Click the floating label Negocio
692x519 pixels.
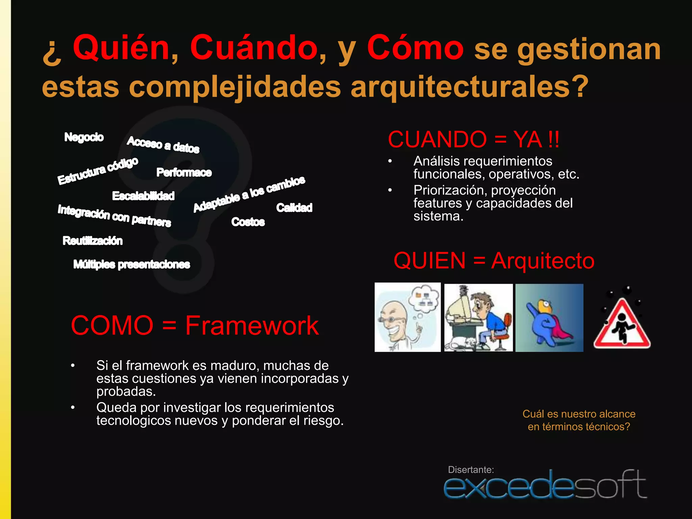click(x=84, y=137)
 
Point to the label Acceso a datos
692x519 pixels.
click(x=163, y=145)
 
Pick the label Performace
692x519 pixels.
click(x=184, y=173)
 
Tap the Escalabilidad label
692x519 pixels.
click(x=143, y=196)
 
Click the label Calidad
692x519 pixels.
click(x=294, y=207)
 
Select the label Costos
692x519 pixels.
click(x=248, y=222)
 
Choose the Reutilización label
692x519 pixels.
click(x=93, y=241)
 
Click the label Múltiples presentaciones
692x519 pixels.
click(x=131, y=264)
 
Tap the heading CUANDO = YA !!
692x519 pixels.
click(x=473, y=140)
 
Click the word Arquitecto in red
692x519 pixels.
click(x=543, y=261)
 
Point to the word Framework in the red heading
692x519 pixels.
click(x=252, y=326)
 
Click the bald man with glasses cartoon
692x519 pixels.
click(x=407, y=317)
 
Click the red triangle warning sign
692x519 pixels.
click(x=622, y=323)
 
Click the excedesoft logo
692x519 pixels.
click(x=545, y=486)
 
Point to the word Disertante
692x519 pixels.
click(x=471, y=470)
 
